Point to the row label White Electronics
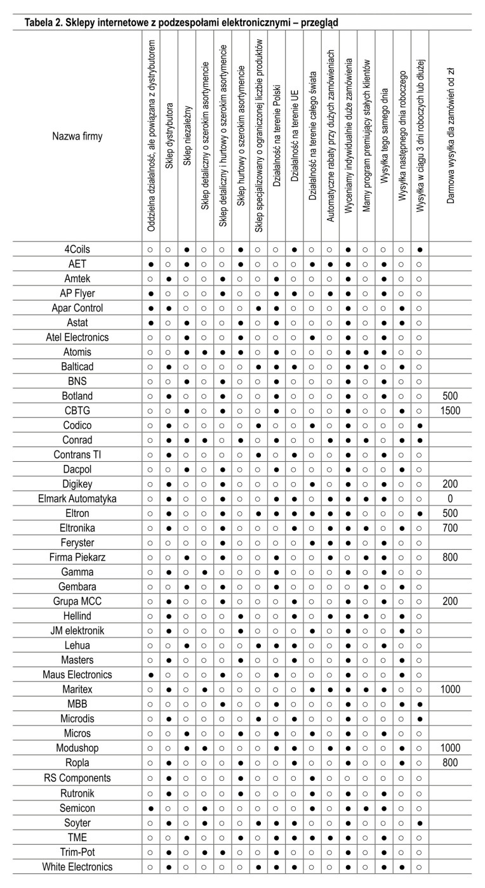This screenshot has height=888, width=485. coord(77,866)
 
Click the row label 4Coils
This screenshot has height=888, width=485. coord(77,249)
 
